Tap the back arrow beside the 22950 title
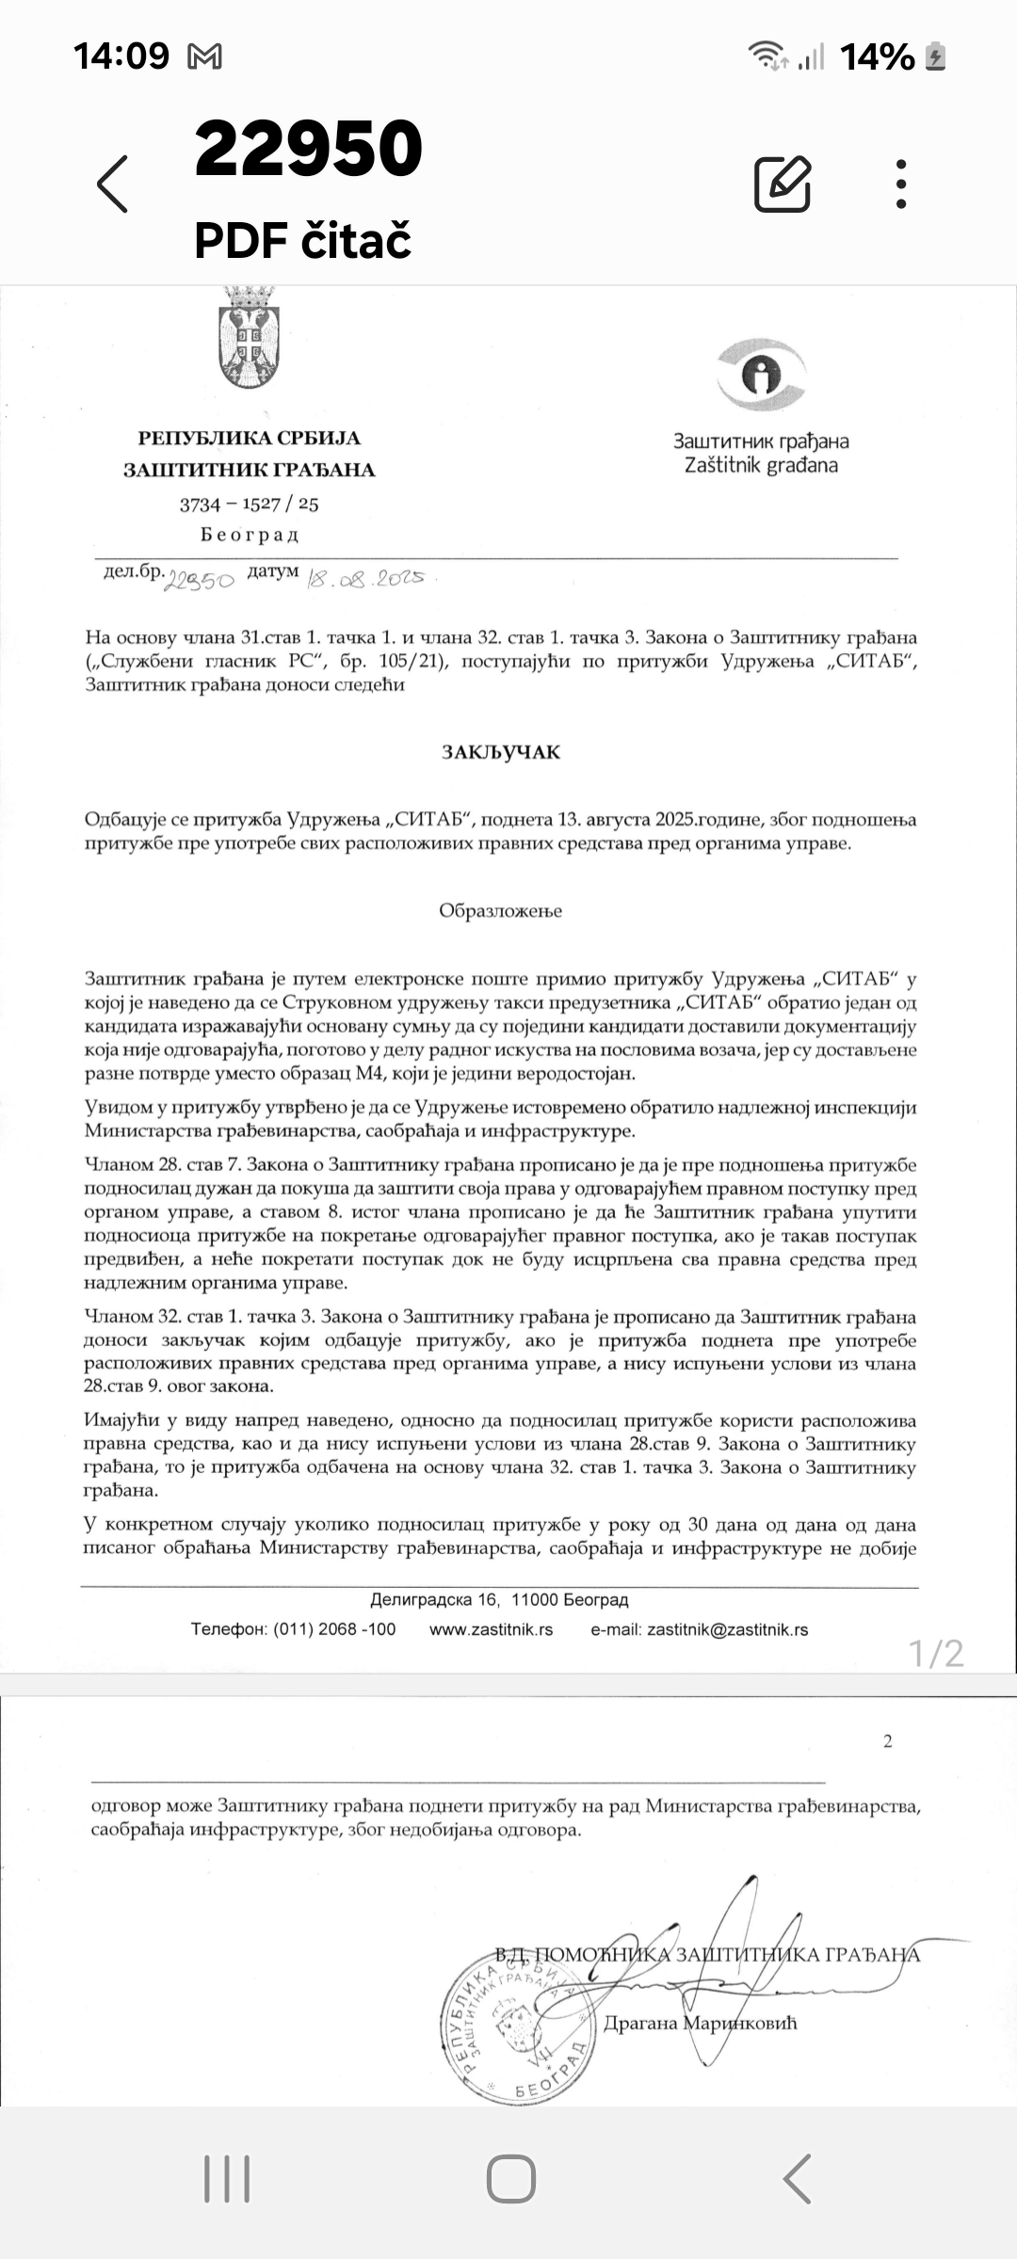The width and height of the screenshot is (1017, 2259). [x=113, y=184]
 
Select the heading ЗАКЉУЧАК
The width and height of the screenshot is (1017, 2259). [x=501, y=752]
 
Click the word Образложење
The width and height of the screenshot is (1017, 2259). [x=500, y=911]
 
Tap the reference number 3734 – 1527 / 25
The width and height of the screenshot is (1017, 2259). [x=250, y=505]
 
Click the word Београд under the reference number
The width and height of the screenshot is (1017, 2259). [x=250, y=536]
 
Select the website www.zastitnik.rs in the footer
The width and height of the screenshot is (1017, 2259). [x=491, y=1629]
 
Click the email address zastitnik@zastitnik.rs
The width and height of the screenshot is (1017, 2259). [x=727, y=1629]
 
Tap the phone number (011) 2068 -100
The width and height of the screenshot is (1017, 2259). [x=334, y=1629]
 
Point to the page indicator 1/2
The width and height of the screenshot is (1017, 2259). [x=936, y=1654]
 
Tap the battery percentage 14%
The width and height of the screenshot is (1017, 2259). [x=877, y=57]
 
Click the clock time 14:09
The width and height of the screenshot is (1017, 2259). [x=121, y=56]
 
